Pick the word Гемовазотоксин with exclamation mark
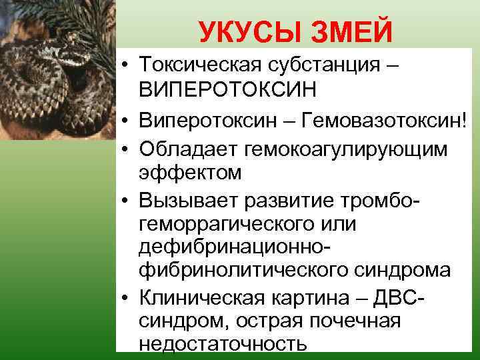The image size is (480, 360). (378, 119)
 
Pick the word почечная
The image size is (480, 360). (353, 322)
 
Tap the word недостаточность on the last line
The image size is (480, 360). (223, 344)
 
